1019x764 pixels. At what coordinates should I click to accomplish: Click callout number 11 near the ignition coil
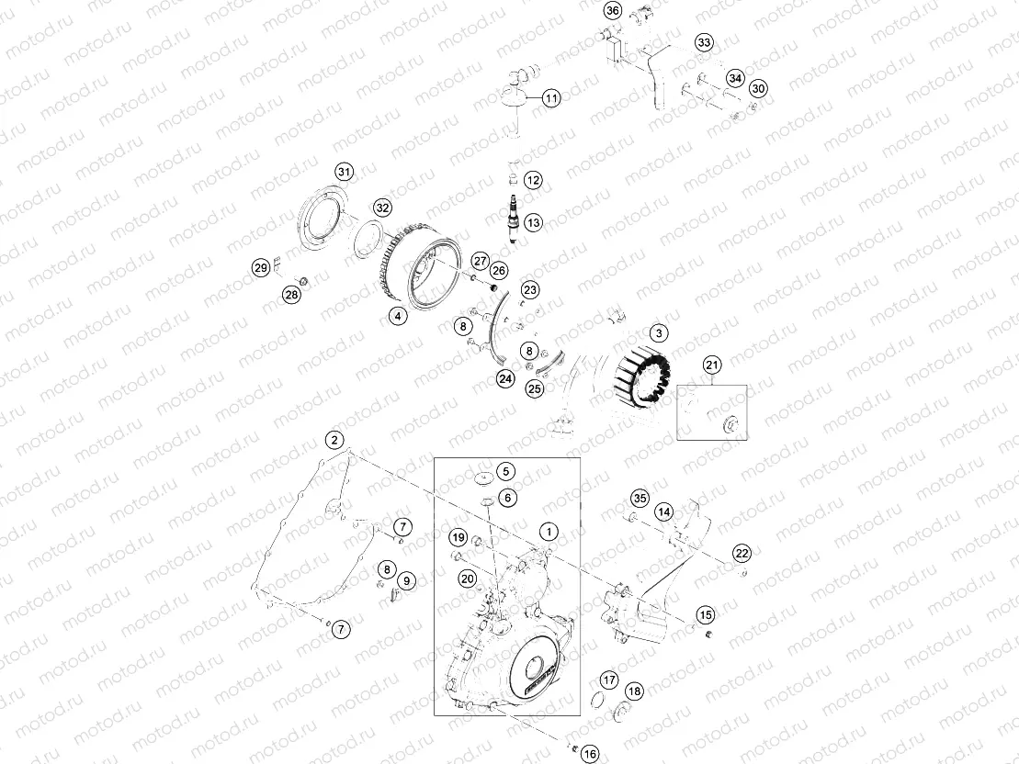point(550,98)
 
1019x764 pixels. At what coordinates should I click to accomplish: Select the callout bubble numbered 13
point(534,221)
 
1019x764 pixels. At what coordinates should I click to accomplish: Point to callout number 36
point(614,11)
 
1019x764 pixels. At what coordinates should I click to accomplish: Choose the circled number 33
point(704,43)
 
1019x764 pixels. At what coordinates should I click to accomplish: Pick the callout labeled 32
point(382,208)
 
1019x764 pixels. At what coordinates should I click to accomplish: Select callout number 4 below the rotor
point(398,316)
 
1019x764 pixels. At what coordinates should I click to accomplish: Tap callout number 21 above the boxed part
point(712,365)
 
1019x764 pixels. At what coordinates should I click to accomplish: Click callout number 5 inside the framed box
point(505,471)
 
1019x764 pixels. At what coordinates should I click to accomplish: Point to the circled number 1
point(549,531)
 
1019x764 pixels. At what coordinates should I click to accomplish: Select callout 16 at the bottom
point(590,753)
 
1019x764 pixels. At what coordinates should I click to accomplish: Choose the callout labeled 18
point(634,691)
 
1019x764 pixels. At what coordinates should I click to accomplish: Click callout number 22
point(742,552)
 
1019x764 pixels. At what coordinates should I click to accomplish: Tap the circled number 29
point(261,268)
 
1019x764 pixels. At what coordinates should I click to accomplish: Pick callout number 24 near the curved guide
point(505,377)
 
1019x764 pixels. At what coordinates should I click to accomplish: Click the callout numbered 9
point(406,580)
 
